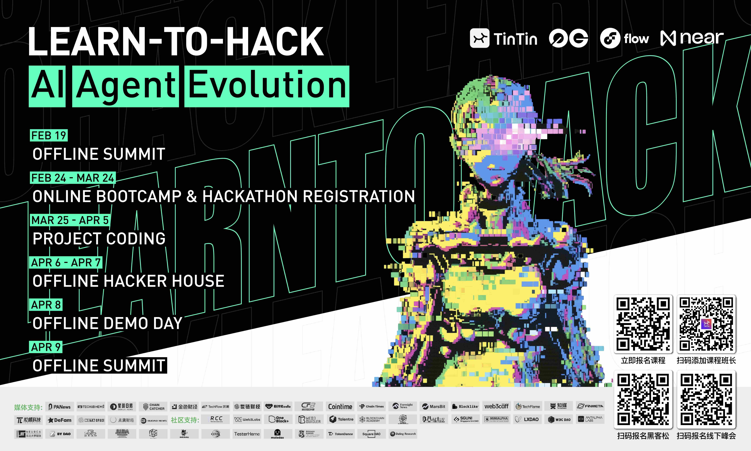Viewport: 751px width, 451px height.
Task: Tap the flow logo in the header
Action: coord(624,39)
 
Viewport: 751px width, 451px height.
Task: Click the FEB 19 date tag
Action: coord(49,135)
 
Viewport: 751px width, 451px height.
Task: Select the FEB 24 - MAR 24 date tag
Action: coord(73,178)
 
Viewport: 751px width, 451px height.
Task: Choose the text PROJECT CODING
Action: coord(99,239)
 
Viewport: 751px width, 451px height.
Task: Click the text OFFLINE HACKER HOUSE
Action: coord(128,281)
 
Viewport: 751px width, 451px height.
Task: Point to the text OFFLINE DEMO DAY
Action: coord(107,323)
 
